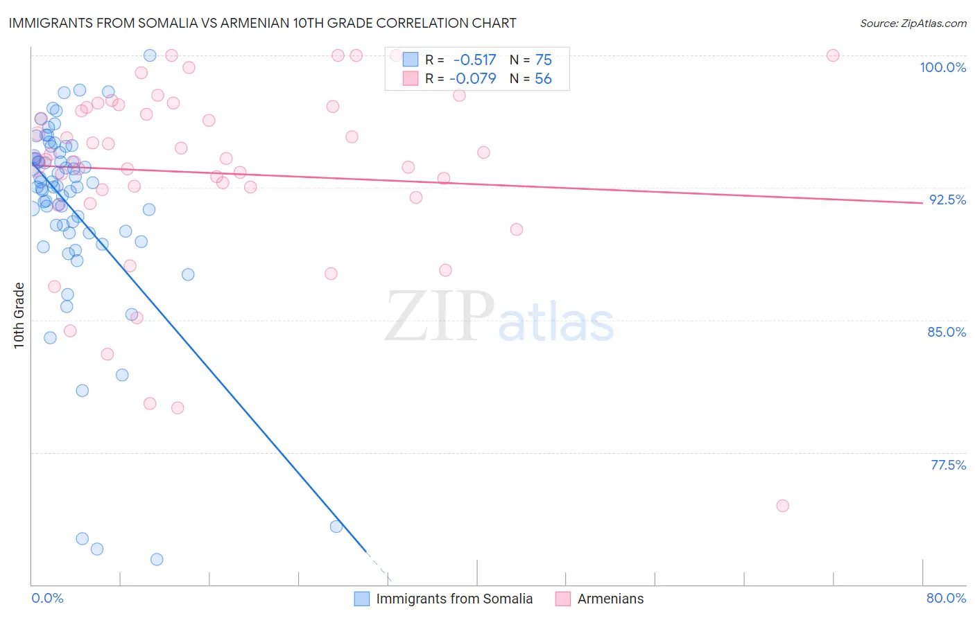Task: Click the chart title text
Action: [262, 23]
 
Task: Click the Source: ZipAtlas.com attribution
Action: [913, 23]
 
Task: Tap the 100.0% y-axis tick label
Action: [942, 67]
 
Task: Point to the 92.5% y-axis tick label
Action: [947, 200]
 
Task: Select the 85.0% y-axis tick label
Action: [947, 332]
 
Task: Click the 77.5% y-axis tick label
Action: [948, 465]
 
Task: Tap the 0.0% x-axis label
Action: [47, 598]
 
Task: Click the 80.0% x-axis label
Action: [946, 598]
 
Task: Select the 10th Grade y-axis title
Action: [19, 315]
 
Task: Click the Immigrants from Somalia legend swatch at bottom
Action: [362, 599]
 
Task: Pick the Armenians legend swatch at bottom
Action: [563, 599]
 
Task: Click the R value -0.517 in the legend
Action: [474, 60]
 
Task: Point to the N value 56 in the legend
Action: [543, 79]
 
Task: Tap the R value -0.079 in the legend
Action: [473, 79]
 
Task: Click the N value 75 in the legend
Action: [543, 60]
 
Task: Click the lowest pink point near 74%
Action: [783, 506]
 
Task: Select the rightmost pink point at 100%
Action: [833, 55]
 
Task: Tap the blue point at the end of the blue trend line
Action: [336, 527]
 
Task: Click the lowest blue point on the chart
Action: [157, 559]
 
